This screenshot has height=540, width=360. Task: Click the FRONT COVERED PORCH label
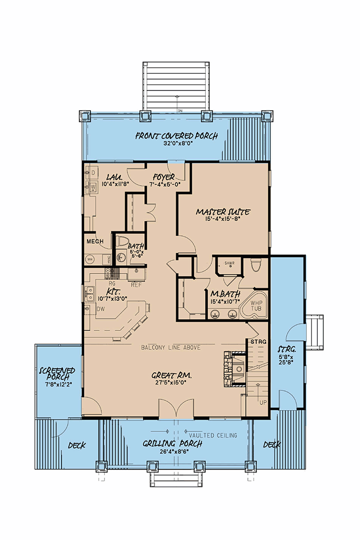tap(176, 136)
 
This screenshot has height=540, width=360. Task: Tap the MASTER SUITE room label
tap(223, 212)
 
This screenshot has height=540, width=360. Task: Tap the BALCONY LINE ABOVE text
tap(171, 347)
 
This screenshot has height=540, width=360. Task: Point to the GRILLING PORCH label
tap(173, 444)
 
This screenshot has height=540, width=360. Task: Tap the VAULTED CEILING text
tap(213, 435)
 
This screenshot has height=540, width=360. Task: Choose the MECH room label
tap(95, 242)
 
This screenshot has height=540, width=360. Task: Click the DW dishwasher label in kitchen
tap(100, 309)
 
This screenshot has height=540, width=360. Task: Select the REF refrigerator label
tap(136, 285)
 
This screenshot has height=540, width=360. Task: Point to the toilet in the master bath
tap(256, 266)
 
